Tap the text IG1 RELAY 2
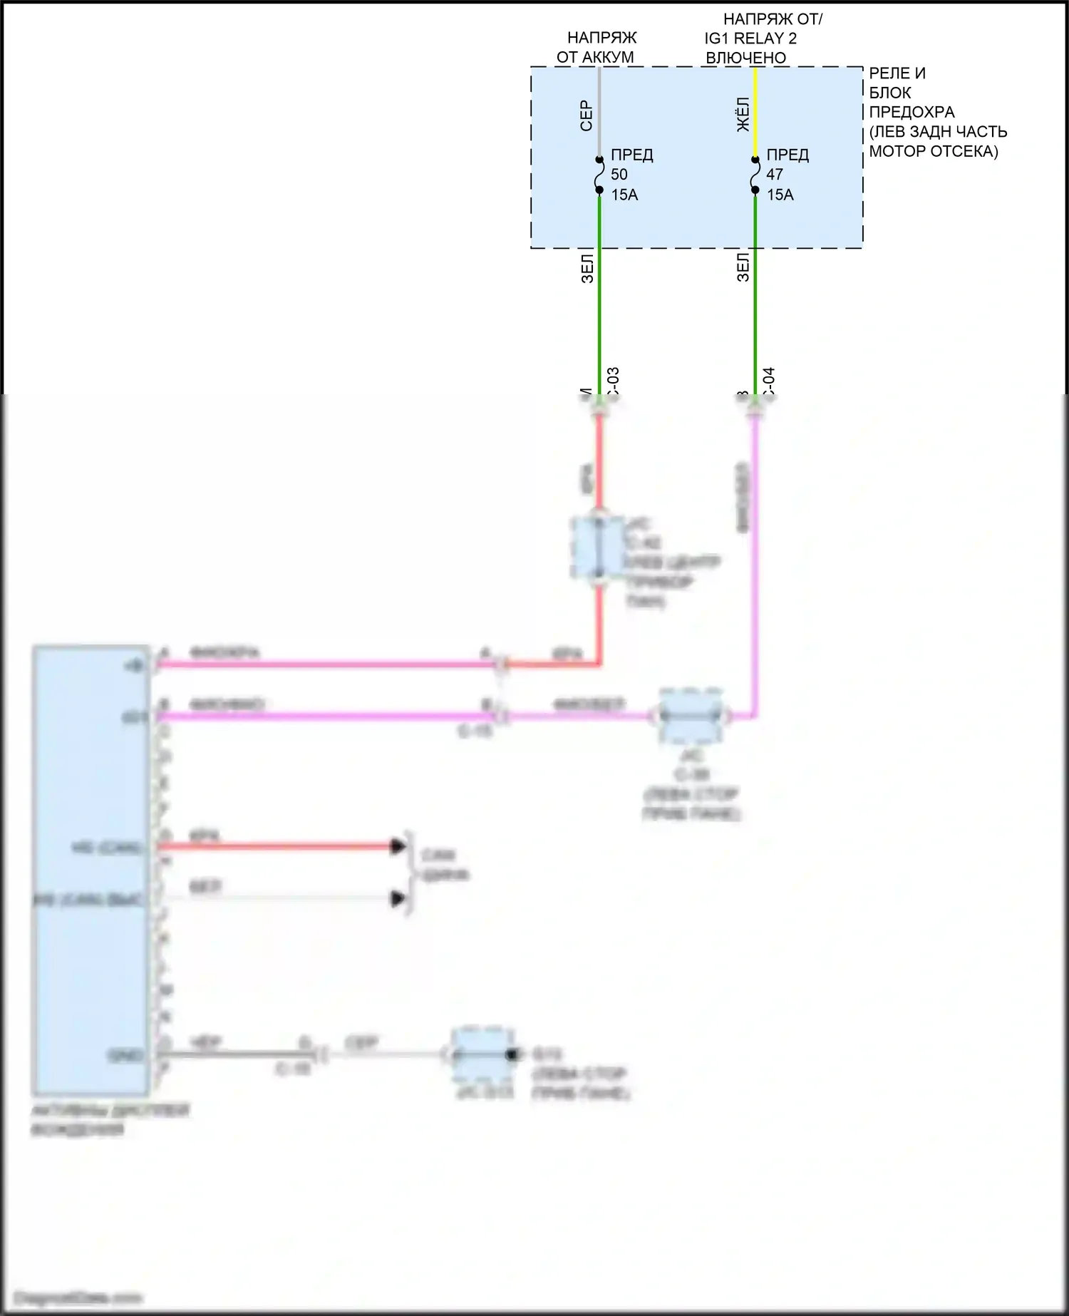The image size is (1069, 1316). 750,38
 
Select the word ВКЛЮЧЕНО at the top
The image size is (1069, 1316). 745,58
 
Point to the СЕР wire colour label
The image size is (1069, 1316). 586,115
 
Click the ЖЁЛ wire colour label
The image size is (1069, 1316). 743,115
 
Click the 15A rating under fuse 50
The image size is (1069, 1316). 624,195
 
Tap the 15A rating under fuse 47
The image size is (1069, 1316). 780,195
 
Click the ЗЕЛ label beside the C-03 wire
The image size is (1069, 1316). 587,268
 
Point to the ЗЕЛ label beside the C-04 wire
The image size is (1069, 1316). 743,268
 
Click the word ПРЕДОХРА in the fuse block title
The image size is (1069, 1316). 912,112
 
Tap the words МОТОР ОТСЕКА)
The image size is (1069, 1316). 933,151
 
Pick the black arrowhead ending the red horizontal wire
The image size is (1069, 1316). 398,846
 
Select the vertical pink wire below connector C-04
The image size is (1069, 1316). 755,570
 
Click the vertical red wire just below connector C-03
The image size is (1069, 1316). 599,463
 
